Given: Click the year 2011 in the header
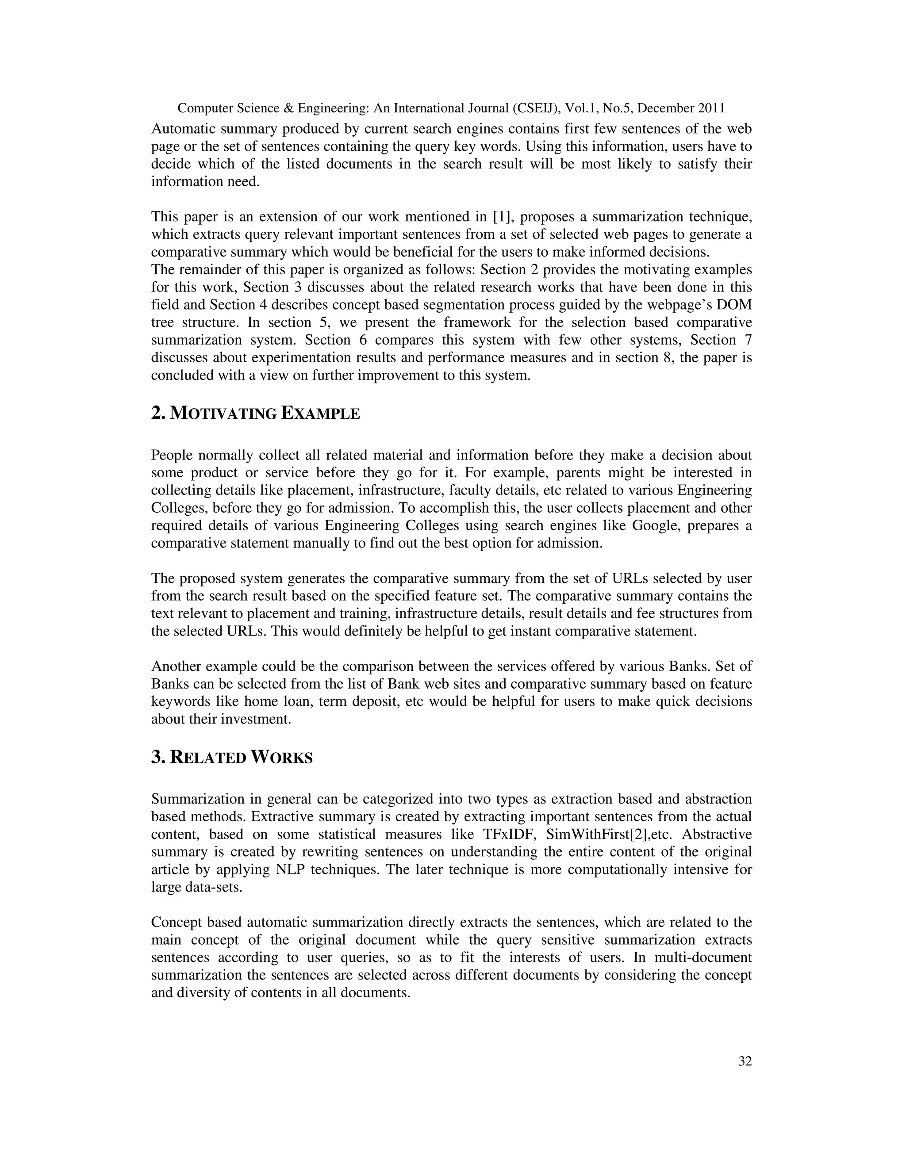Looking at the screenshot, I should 712,108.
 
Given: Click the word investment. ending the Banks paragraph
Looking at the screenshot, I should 256,719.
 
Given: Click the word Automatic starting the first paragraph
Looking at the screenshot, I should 182,129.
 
